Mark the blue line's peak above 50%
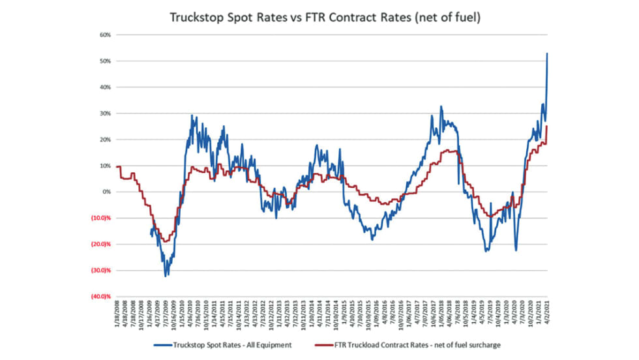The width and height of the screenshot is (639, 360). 547,53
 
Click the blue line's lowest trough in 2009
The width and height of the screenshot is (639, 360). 166,276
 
